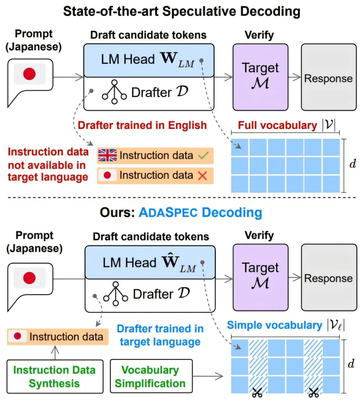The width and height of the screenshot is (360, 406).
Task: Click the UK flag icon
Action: [107, 155]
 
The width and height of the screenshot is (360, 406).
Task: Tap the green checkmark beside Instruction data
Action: [203, 155]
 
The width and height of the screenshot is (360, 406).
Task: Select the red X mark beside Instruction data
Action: [203, 176]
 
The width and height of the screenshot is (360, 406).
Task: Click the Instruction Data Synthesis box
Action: [55, 376]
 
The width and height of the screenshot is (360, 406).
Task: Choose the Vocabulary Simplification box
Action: [151, 376]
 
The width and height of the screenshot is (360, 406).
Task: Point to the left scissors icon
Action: [257, 392]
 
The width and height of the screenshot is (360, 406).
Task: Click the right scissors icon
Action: [314, 392]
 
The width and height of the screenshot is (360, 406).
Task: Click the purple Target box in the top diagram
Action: [260, 77]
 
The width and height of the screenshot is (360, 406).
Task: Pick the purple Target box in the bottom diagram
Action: [260, 277]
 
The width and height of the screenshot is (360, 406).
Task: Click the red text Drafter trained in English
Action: [142, 125]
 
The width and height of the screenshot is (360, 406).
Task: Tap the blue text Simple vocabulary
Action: [274, 325]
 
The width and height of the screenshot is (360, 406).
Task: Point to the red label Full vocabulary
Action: [277, 125]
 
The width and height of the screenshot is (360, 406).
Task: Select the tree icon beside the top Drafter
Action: [114, 92]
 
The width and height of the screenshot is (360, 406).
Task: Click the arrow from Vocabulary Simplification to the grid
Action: [208, 376]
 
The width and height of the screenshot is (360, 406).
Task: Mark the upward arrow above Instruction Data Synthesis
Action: [55, 353]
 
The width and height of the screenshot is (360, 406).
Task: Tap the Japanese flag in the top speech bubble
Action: [30, 74]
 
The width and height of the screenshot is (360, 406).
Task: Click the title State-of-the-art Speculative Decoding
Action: [182, 11]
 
